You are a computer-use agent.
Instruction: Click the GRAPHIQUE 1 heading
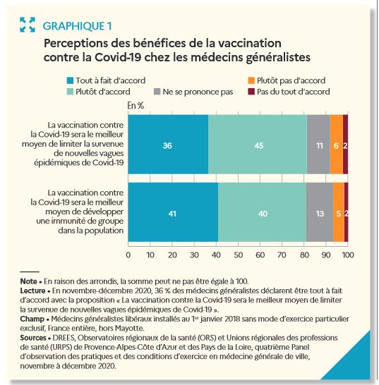tap(77, 26)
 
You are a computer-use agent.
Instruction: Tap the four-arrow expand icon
tap(28, 25)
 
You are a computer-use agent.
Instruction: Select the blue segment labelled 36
tap(168, 145)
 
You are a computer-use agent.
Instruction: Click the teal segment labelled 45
tap(258, 145)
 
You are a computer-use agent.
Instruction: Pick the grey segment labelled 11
tap(318, 145)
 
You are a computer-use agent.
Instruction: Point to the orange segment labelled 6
tap(337, 145)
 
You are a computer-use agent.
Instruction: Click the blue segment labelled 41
tap(173, 212)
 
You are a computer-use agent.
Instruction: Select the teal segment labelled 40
tap(262, 212)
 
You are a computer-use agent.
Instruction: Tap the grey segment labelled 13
tap(320, 212)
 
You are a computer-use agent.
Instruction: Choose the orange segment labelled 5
tap(339, 212)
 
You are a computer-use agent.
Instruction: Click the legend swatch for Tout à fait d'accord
tap(70, 80)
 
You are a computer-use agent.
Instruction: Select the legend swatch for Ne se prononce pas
tap(157, 92)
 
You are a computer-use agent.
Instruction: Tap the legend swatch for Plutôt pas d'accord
tap(251, 80)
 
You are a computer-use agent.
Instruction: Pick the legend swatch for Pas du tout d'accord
tap(251, 92)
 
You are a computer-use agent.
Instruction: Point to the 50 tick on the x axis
tap(238, 255)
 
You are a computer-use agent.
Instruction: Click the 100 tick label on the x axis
tap(348, 255)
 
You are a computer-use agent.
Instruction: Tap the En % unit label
tap(136, 106)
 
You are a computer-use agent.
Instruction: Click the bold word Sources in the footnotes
tap(33, 338)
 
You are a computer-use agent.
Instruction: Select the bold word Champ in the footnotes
tap(32, 319)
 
